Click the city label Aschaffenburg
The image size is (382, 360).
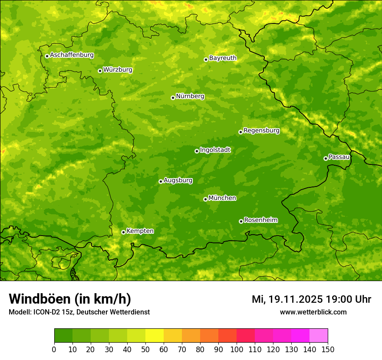pyautogui.click(x=72, y=55)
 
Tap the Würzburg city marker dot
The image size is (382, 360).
pyautogui.click(x=100, y=71)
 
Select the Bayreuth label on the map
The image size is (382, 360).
pyautogui.click(x=223, y=58)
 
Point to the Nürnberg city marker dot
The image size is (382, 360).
pyautogui.click(x=173, y=98)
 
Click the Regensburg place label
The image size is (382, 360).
pyautogui.click(x=261, y=130)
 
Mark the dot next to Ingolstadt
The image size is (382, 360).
pyautogui.click(x=197, y=151)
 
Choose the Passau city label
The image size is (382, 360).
pyautogui.click(x=339, y=157)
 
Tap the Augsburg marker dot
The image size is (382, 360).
pyautogui.click(x=161, y=181)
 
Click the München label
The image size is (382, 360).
pyautogui.click(x=222, y=198)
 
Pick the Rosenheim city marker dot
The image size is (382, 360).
pyautogui.click(x=241, y=221)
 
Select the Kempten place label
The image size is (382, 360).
pyautogui.click(x=140, y=231)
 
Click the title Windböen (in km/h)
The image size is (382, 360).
pyautogui.click(x=70, y=299)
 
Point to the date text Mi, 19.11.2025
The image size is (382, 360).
pyautogui.click(x=287, y=299)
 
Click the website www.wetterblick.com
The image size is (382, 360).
pyautogui.click(x=313, y=312)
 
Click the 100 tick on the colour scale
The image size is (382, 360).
pyautogui.click(x=237, y=349)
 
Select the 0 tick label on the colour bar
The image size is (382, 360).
pyautogui.click(x=54, y=349)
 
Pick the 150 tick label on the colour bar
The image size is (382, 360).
pyautogui.click(x=328, y=349)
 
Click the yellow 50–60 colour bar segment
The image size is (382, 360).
pyautogui.click(x=155, y=336)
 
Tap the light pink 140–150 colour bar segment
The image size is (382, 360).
pyautogui.click(x=319, y=336)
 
